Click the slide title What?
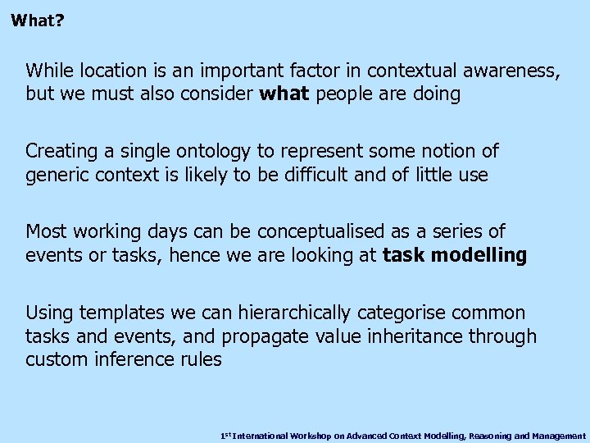point(38,19)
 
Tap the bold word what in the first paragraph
point(284,94)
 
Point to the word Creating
point(59,151)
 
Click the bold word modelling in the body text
point(479,254)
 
